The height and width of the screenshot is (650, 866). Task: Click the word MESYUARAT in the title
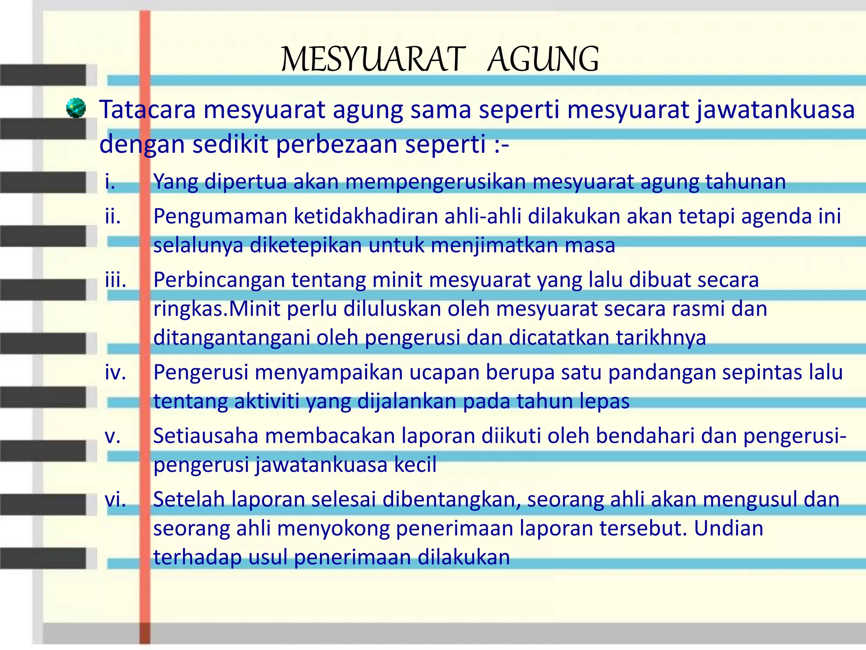point(373,60)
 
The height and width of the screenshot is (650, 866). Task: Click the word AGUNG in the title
point(543,60)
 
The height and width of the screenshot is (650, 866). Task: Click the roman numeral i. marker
point(110,182)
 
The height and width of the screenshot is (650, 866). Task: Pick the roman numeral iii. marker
point(115,280)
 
